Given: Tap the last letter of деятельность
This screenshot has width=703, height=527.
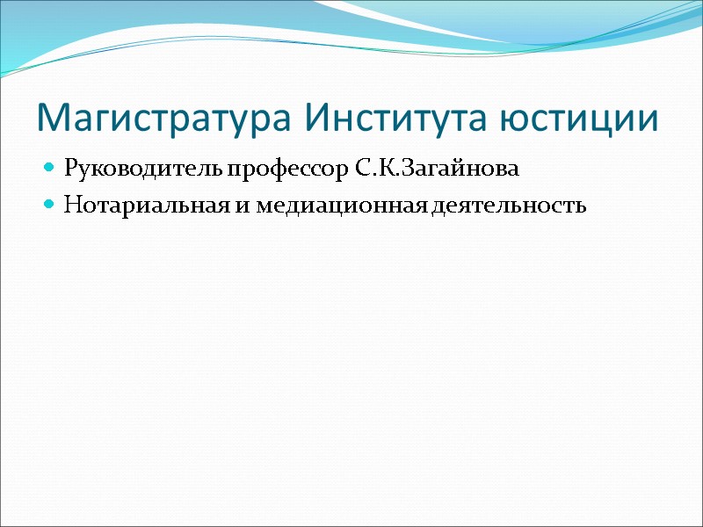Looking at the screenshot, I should tap(580, 207).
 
